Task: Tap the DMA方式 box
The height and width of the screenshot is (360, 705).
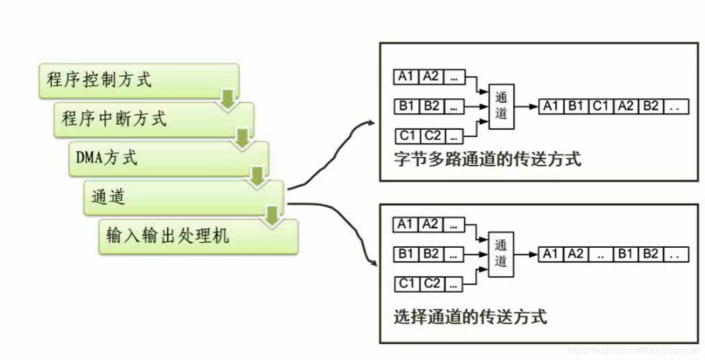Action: (x=168, y=158)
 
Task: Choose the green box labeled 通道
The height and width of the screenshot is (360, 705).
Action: (x=183, y=197)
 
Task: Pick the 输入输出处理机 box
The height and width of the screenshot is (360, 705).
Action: (x=198, y=236)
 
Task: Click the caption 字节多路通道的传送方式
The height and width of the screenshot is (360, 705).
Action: (x=487, y=159)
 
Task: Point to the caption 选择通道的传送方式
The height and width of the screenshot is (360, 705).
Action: (x=471, y=317)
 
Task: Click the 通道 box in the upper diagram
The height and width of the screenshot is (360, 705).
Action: (x=501, y=106)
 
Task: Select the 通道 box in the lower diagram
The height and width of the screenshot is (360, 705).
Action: (x=501, y=254)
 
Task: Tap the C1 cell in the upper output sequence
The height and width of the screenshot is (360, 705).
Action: (x=601, y=106)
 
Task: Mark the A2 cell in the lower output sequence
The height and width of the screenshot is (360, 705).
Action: (x=575, y=254)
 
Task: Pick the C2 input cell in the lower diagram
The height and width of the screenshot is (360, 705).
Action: (x=432, y=284)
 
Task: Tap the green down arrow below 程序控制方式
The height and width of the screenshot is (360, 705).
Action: (x=228, y=100)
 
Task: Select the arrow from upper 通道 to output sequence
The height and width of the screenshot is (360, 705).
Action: (x=526, y=106)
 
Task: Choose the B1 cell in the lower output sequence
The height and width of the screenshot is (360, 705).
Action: (x=626, y=254)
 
